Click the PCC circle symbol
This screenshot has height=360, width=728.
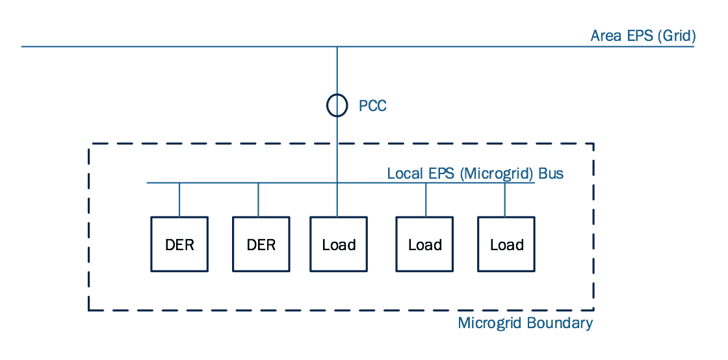click(337, 105)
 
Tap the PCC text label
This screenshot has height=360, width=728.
click(372, 106)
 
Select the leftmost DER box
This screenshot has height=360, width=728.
click(179, 244)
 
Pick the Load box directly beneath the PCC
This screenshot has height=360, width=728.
click(339, 244)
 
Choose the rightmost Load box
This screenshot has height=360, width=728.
click(506, 244)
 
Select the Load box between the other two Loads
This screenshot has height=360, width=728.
click(425, 244)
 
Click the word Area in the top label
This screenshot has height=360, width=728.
click(606, 36)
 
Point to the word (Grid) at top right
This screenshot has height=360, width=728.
click(676, 36)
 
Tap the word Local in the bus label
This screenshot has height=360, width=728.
click(404, 174)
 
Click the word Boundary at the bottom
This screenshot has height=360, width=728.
click(561, 323)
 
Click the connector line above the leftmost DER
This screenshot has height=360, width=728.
click(179, 199)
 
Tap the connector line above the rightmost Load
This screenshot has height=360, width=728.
click(505, 199)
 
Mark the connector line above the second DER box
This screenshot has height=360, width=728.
click(259, 199)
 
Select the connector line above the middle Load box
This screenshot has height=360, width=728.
click(426, 199)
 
